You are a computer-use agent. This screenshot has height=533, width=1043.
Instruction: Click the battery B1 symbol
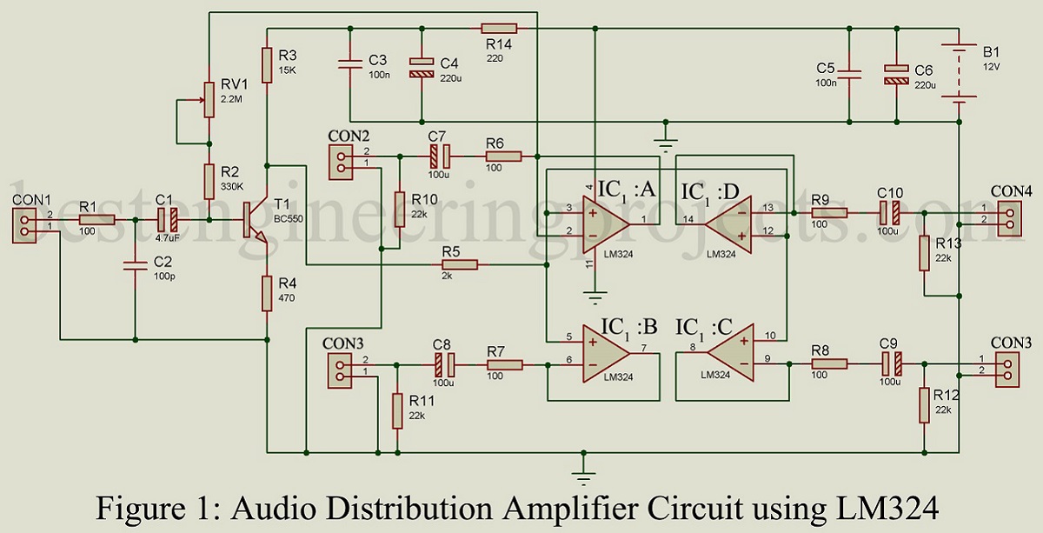point(960,74)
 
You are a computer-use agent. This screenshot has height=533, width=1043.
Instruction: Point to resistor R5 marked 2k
point(458,264)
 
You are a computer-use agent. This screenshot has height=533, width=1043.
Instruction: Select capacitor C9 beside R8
point(890,363)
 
